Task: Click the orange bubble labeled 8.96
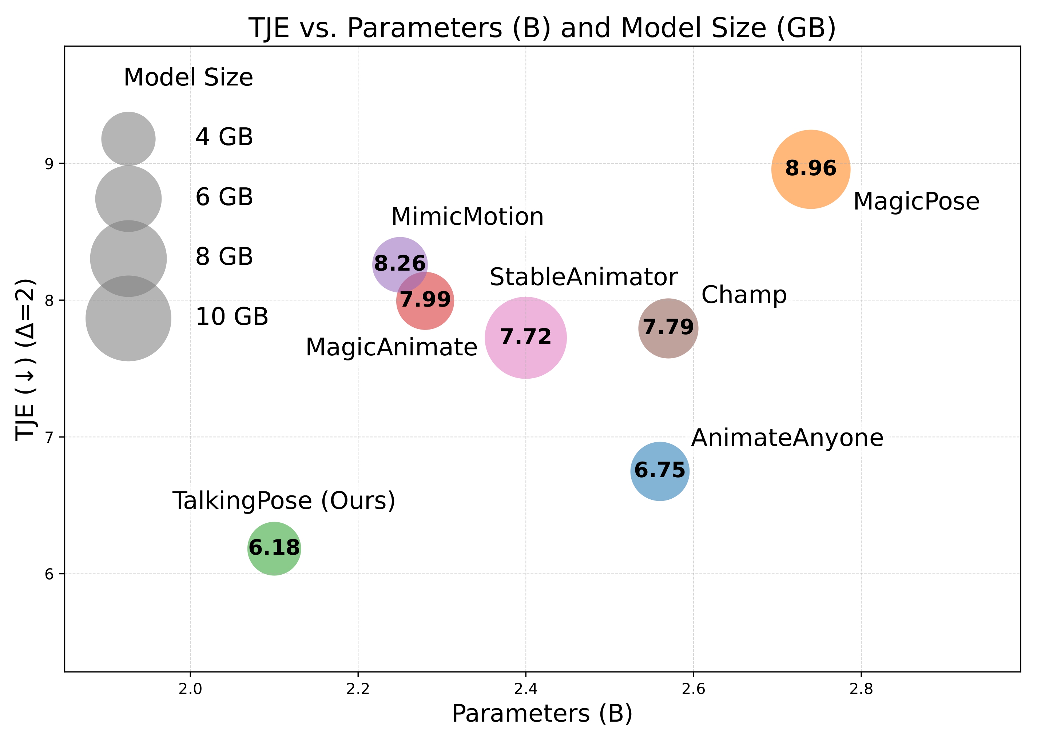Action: (810, 169)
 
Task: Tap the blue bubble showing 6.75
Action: (659, 471)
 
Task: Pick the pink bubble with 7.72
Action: (525, 338)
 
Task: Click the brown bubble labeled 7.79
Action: (668, 328)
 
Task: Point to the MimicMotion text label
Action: (467, 216)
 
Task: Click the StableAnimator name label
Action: (583, 277)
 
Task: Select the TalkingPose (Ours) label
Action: (284, 501)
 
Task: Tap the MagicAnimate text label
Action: (391, 347)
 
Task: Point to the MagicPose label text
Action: (916, 202)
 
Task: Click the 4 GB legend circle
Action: (128, 139)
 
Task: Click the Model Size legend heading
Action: (188, 77)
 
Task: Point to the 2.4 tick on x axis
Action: (525, 689)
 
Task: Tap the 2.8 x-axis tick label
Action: (861, 689)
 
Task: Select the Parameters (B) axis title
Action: (542, 714)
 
